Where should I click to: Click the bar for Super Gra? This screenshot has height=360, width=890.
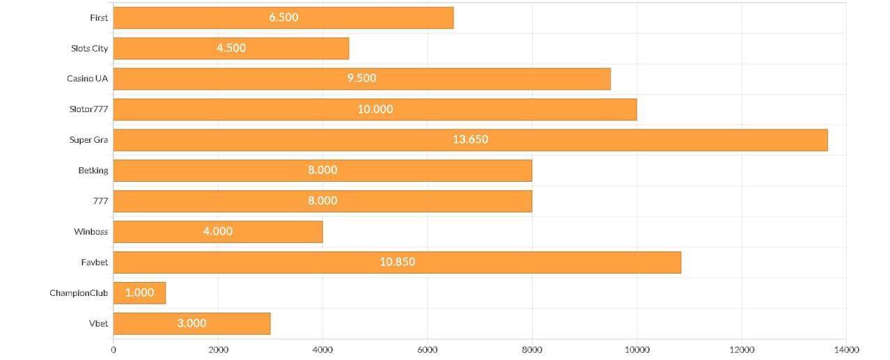[470, 140]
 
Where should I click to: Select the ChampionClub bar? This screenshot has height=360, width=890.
[139, 293]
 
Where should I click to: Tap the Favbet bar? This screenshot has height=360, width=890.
[397, 263]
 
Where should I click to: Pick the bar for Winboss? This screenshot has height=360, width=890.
[217, 232]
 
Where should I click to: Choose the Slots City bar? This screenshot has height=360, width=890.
[231, 48]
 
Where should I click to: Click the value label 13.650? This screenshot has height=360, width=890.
[470, 139]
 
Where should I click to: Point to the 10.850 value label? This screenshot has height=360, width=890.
[397, 262]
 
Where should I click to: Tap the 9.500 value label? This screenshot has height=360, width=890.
[361, 78]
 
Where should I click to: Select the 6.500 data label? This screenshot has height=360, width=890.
[283, 17]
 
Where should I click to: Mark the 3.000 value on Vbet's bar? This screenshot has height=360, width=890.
[192, 323]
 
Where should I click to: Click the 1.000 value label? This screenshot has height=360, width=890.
[139, 292]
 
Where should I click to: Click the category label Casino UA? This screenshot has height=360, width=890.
[87, 79]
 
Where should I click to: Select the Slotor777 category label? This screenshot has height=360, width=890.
[88, 109]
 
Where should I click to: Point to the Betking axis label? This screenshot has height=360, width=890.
[93, 171]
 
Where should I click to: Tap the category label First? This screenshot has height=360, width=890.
[99, 17]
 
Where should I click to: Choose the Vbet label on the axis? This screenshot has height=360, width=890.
[98, 324]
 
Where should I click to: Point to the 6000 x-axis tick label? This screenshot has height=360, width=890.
[428, 350]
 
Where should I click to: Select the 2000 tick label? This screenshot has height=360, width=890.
[218, 350]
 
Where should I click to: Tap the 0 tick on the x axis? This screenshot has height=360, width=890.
[114, 350]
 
